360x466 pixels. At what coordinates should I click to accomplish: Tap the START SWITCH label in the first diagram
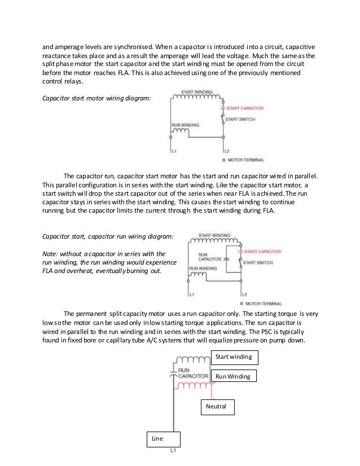point(239,120)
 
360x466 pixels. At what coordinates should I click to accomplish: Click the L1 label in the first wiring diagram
point(174,151)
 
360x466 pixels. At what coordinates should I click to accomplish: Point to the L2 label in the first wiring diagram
point(226,151)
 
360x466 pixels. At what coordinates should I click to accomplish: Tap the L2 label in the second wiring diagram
point(244,294)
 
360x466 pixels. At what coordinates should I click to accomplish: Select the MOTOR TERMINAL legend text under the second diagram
point(265,304)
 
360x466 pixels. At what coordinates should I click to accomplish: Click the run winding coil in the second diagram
point(198,275)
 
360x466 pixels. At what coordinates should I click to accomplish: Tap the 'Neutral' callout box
point(217,406)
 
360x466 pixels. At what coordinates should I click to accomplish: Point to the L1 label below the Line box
point(174,451)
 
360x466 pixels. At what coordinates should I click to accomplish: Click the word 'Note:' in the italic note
point(51,253)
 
